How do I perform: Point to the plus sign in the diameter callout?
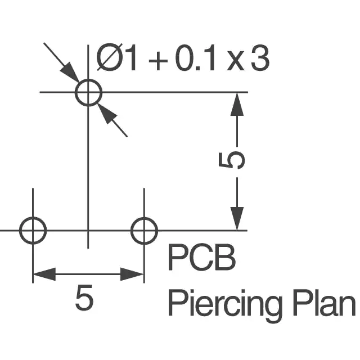[x=158, y=61]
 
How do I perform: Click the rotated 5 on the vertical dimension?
[x=232, y=160]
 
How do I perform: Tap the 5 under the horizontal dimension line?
[x=84, y=298]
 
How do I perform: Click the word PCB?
[x=202, y=258]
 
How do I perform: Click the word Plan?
[x=325, y=302]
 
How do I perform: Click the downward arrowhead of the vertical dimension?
[x=237, y=219]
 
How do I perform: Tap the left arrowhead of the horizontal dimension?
[x=44, y=274]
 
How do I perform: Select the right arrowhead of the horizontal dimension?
[x=132, y=274]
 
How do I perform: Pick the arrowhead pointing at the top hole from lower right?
[x=107, y=114]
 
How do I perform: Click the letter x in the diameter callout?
[x=235, y=61]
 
